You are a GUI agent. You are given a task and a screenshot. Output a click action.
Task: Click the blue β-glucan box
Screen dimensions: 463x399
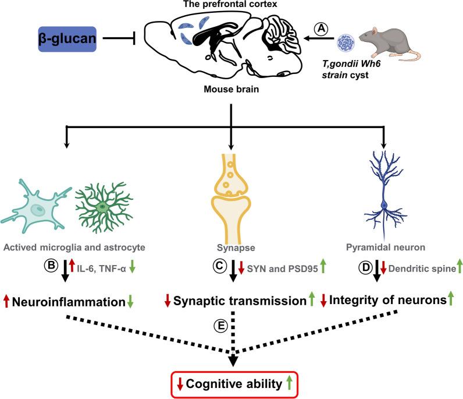click(x=67, y=39)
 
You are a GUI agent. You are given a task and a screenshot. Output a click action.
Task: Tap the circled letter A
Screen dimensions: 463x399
click(x=321, y=29)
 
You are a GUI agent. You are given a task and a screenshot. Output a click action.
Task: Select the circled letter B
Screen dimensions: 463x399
click(x=51, y=265)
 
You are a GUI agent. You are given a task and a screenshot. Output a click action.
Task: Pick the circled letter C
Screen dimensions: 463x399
click(x=219, y=266)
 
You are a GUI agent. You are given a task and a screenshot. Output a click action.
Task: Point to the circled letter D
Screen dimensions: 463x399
click(x=365, y=268)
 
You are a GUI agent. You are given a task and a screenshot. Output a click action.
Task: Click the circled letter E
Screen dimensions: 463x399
click(x=220, y=326)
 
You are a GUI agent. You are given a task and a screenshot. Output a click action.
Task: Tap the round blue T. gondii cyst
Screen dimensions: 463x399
click(x=346, y=43)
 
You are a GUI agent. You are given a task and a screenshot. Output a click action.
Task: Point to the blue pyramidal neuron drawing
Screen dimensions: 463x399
click(x=384, y=194)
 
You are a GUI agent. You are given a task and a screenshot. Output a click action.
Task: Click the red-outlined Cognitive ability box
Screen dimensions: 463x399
click(x=235, y=384)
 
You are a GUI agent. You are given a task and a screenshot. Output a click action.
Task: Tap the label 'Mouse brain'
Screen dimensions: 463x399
click(x=231, y=89)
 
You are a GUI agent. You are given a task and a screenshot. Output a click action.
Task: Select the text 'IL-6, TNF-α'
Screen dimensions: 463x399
click(x=101, y=269)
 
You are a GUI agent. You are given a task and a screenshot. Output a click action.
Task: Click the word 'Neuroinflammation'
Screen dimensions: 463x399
click(x=69, y=302)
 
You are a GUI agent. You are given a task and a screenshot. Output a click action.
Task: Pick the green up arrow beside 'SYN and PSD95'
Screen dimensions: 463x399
click(x=323, y=265)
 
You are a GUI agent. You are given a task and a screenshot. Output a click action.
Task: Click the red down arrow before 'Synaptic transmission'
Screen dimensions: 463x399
click(x=168, y=301)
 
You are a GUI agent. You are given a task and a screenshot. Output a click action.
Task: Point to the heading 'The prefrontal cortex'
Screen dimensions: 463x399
click(x=230, y=4)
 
